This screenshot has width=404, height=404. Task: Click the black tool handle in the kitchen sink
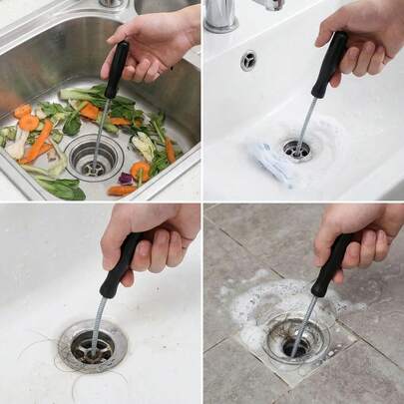click(x=117, y=69)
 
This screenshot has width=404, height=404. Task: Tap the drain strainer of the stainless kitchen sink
click(x=94, y=158)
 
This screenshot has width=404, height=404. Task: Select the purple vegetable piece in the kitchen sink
click(x=125, y=179)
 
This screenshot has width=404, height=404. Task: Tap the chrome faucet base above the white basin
click(x=222, y=14)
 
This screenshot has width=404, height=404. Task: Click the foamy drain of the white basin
click(x=296, y=150)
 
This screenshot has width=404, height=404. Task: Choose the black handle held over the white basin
click(x=329, y=64)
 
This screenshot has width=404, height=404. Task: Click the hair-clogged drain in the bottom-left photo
click(x=92, y=347)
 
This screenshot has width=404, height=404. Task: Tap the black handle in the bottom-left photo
click(x=121, y=265)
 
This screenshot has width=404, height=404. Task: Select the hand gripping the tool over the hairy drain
click(x=156, y=240)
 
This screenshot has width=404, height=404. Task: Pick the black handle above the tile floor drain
click(x=330, y=266)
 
